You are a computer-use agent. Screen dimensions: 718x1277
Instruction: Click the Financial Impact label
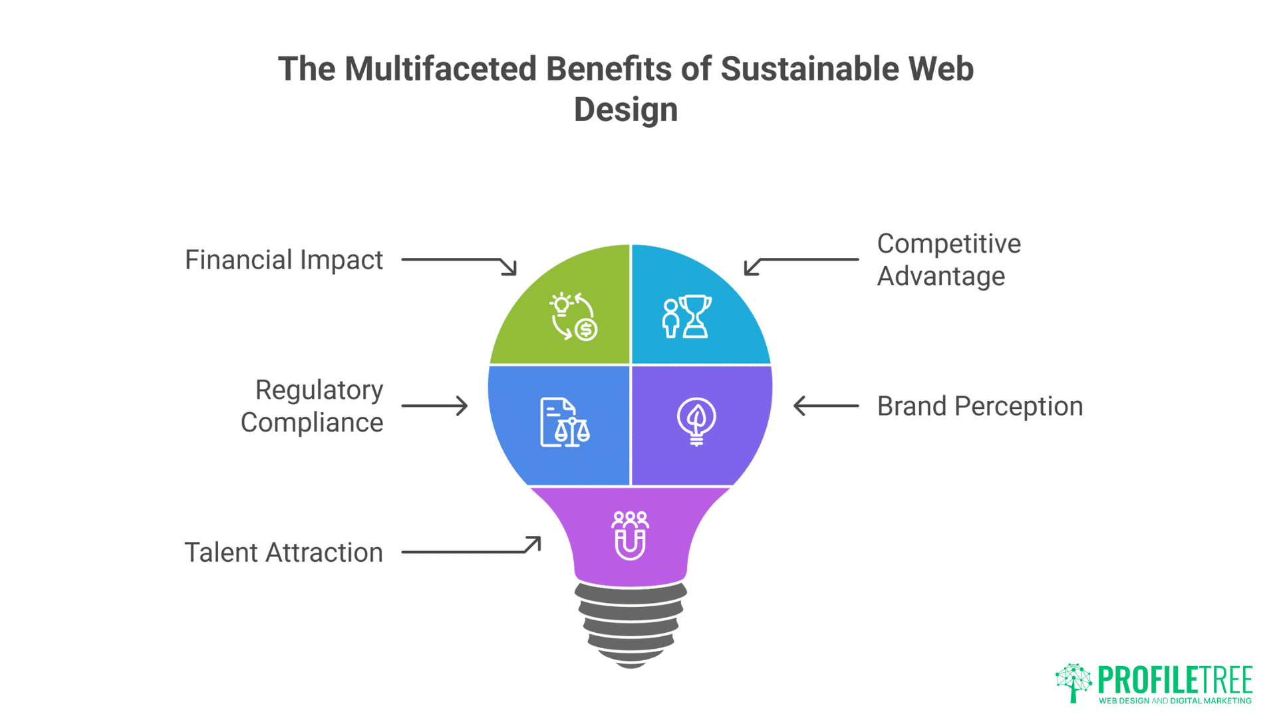point(283,260)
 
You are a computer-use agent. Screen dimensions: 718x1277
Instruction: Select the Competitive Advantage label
point(948,260)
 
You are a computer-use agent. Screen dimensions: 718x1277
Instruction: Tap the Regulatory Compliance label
point(313,406)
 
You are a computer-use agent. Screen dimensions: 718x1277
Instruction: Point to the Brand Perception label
point(980,406)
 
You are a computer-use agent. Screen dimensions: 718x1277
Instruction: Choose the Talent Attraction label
point(283,552)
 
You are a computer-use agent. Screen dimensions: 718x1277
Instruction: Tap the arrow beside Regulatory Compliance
point(434,406)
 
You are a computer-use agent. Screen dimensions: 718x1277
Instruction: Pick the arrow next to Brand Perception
point(826,406)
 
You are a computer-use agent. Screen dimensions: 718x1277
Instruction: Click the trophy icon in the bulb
point(687,316)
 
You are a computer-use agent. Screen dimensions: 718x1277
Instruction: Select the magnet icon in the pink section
point(630,535)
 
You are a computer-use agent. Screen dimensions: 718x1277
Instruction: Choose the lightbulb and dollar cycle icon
point(573,316)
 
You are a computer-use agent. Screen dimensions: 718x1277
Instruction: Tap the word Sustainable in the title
point(809,69)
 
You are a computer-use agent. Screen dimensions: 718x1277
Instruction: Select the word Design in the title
point(626,110)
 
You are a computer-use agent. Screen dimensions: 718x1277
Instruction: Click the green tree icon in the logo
point(1073,682)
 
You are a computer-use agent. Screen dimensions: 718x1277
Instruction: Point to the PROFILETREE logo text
point(1175,679)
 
